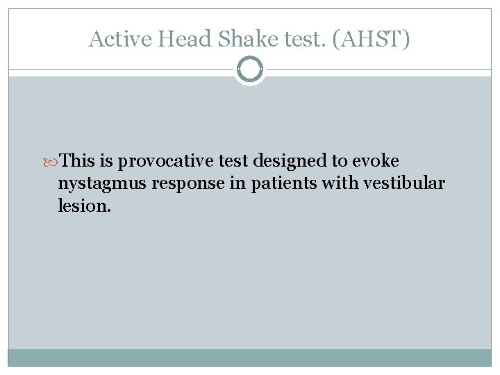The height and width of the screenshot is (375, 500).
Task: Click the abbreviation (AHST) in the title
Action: click(x=372, y=39)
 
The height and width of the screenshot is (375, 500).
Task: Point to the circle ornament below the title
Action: click(x=250, y=69)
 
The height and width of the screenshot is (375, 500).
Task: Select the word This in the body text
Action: click(x=78, y=161)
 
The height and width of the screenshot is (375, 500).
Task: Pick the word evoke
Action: click(x=375, y=161)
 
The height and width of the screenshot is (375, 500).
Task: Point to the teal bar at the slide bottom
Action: click(x=250, y=357)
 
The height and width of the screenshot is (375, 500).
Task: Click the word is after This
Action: click(x=106, y=161)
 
